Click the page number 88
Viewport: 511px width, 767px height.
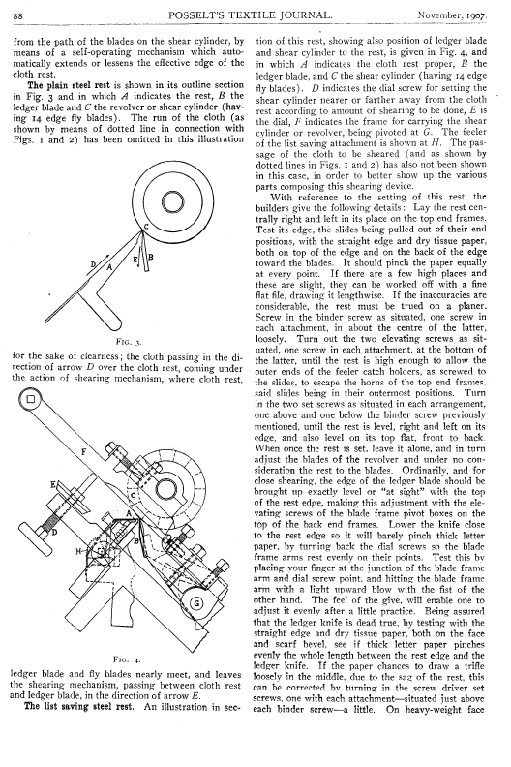coord(17,16)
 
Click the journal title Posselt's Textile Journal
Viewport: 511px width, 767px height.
coord(250,15)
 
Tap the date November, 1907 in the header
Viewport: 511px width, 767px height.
coord(452,15)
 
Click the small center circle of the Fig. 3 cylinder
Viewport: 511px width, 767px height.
coord(171,201)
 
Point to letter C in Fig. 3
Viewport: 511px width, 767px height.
coord(146,227)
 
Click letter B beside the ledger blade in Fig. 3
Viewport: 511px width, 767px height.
coord(151,257)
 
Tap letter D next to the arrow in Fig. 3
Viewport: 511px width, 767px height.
coord(93,264)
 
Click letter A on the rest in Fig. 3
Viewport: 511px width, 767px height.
coord(110,266)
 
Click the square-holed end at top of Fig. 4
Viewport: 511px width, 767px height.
coord(31,399)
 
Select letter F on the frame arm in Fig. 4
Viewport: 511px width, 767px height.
coord(83,452)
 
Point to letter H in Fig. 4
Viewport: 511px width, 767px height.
coord(77,551)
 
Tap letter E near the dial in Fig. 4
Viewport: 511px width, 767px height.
coord(52,485)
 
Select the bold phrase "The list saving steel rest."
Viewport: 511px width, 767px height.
coord(78,706)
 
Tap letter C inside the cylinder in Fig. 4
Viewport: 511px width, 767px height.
coord(133,496)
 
